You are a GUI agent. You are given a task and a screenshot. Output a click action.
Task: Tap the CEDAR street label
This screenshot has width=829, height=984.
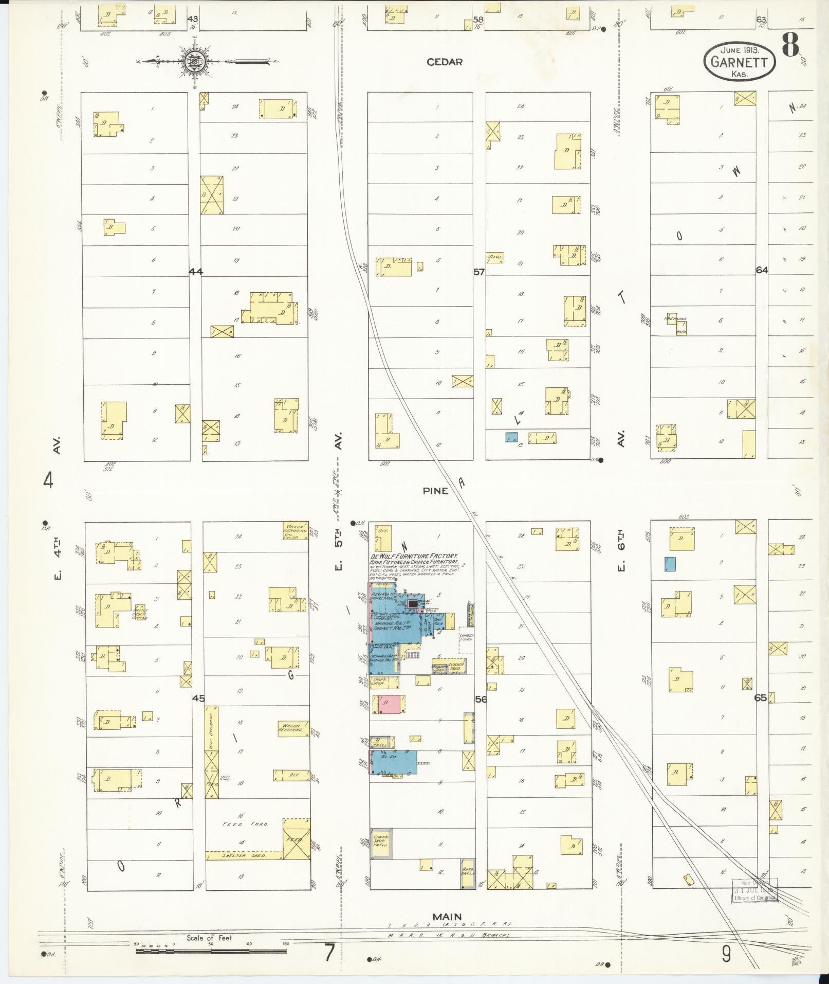coord(445,62)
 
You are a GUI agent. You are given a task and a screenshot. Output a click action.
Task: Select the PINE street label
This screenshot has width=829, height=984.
coord(435,491)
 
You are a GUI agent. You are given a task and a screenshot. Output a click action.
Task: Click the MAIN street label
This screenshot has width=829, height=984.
coord(447,916)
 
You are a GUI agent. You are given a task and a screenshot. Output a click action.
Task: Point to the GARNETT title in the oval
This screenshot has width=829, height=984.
coord(739,62)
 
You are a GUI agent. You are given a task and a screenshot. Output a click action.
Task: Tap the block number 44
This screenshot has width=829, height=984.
coord(195,271)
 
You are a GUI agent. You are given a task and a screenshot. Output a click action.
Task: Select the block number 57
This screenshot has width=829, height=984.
coord(479,271)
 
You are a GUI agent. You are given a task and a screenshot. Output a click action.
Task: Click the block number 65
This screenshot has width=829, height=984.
coord(761,698)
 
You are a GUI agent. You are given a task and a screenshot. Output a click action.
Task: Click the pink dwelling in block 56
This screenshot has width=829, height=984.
coord(389,704)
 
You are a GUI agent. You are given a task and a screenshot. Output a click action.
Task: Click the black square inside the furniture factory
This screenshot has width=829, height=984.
coord(412,603)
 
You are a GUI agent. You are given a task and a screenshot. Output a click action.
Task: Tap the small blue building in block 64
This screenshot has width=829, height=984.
coord(670,564)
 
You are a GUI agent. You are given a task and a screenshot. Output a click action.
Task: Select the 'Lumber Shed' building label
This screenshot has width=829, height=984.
coord(456,667)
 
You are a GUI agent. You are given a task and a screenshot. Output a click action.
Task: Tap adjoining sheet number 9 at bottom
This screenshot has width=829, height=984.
coord(726,954)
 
